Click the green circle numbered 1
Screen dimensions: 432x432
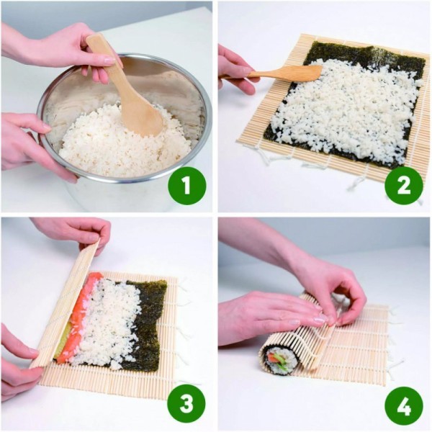pos(186,186)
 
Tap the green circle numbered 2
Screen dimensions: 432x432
pos(403,186)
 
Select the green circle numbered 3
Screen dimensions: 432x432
pos(186,404)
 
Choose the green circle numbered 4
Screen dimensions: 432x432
pos(403,404)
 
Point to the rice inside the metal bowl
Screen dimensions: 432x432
pos(108,144)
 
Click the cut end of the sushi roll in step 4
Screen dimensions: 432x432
pos(279,360)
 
